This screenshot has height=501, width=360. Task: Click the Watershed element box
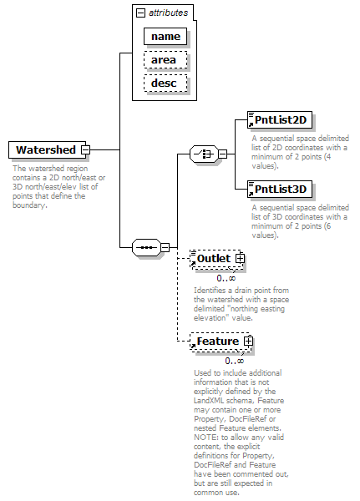point(47,149)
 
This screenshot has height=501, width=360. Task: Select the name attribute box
point(165,36)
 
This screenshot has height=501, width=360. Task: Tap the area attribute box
point(165,60)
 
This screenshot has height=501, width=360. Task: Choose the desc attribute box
point(165,83)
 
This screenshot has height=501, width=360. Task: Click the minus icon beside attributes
point(140,13)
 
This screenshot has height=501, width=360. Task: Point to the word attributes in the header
point(168,13)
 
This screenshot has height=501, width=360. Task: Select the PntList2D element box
point(280,119)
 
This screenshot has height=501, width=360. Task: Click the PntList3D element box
point(280,190)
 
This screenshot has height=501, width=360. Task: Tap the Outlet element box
point(217,259)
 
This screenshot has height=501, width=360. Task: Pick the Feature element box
point(221,342)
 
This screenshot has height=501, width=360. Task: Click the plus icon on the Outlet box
point(240,259)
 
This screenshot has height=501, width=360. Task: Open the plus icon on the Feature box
point(248,342)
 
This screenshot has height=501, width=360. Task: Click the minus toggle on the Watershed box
point(86,149)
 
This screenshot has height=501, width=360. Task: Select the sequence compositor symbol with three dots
point(146,247)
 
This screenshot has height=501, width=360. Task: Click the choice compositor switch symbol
point(204,154)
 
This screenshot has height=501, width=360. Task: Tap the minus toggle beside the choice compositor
point(222,154)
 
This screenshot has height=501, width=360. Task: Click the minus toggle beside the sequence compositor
point(165,247)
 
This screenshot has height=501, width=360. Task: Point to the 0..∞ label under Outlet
point(226,278)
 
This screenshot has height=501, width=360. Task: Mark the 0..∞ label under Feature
point(235,361)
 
